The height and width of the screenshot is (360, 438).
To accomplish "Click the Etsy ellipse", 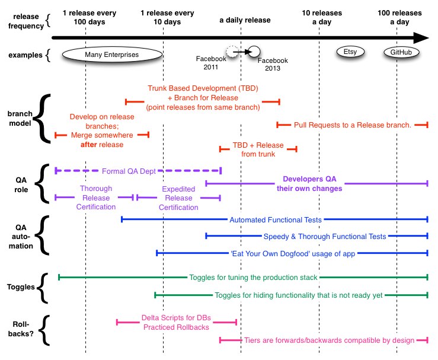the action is pyautogui.click(x=350, y=52).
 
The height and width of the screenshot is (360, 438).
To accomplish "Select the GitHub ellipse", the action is pyautogui.click(x=401, y=52).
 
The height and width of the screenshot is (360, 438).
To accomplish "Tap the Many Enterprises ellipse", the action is pyautogui.click(x=112, y=55).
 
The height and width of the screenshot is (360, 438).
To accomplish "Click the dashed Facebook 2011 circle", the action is pyautogui.click(x=232, y=52).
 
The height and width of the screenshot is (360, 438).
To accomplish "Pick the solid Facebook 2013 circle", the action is pyautogui.click(x=254, y=52).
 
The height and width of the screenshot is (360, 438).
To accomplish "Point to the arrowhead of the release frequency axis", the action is pyautogui.click(x=429, y=38).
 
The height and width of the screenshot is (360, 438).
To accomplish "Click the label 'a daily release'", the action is pyautogui.click(x=245, y=20).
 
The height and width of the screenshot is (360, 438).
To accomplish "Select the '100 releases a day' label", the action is pyautogui.click(x=399, y=17).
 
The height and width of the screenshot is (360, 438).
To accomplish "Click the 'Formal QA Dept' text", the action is pyautogui.click(x=129, y=171).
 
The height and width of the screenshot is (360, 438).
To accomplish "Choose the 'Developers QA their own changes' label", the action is pyautogui.click(x=309, y=184).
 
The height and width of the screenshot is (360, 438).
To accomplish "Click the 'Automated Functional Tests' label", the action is pyautogui.click(x=276, y=220).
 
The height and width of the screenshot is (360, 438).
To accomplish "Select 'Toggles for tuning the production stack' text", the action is pyautogui.click(x=253, y=278).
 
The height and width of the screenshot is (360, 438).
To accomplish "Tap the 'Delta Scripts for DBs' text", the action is pyautogui.click(x=176, y=318).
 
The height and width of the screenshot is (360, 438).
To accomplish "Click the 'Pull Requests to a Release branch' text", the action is pyautogui.click(x=353, y=125).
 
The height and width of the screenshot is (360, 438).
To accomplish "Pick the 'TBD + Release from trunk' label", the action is pyautogui.click(x=258, y=149).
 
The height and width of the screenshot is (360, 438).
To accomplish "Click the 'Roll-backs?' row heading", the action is pyautogui.click(x=21, y=329).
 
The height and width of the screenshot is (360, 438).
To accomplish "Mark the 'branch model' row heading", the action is pyautogui.click(x=20, y=119).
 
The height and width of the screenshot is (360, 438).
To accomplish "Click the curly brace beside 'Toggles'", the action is pyautogui.click(x=43, y=288).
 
